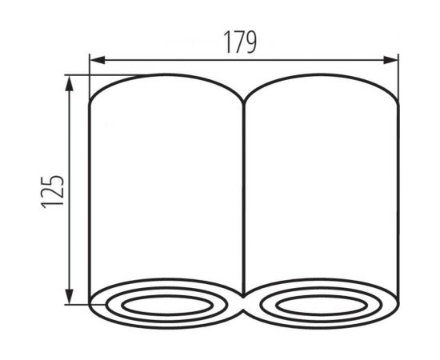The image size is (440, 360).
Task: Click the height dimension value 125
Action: [53, 190]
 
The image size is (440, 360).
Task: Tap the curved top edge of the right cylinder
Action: [321, 77]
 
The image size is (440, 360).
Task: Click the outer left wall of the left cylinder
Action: [90, 192]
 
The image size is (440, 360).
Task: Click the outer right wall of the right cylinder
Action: [398, 192]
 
